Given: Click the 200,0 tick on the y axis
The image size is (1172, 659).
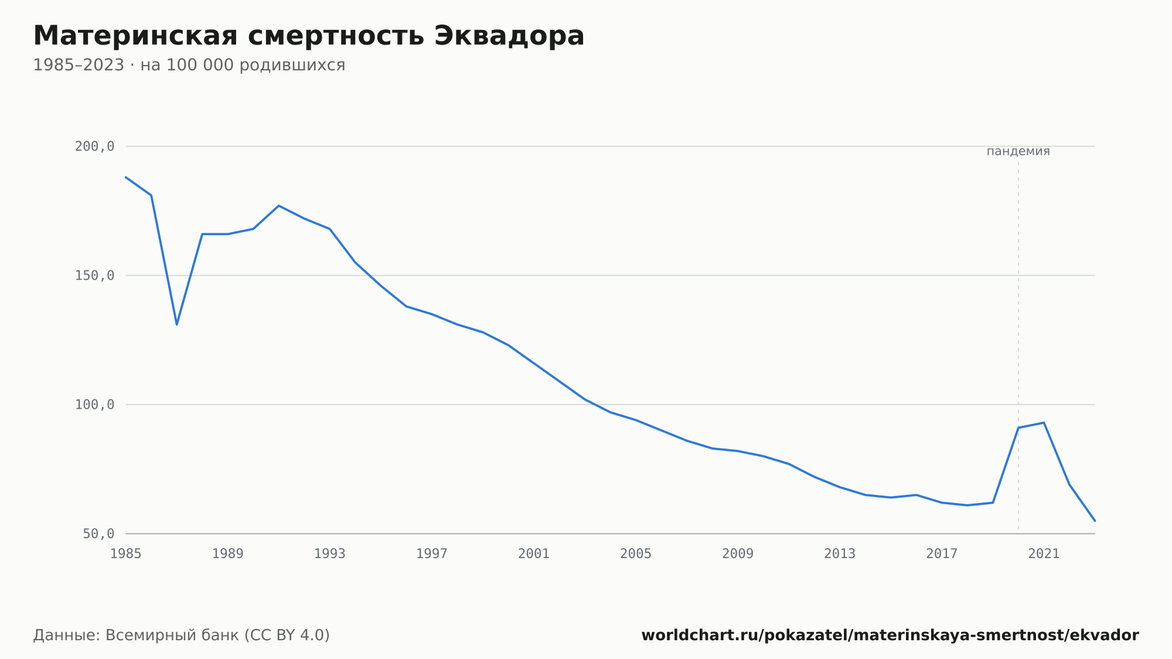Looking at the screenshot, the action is click(94, 147).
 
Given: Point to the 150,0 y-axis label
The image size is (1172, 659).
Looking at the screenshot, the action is click(94, 276).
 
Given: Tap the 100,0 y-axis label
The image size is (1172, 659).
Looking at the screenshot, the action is click(94, 405).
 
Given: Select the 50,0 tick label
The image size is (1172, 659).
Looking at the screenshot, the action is click(98, 534).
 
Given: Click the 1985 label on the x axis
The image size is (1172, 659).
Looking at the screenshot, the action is click(126, 553).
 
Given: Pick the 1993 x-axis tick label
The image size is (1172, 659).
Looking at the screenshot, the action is click(330, 553).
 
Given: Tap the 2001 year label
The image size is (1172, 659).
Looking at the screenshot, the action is click(534, 553).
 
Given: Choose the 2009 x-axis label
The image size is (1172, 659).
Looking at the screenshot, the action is click(738, 553).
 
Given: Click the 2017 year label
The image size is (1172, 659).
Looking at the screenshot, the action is click(942, 553).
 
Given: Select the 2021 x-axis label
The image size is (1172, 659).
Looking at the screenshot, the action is click(1044, 553).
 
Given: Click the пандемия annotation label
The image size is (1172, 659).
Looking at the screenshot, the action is click(1018, 151).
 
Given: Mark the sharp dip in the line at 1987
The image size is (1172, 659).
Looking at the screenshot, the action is click(177, 324).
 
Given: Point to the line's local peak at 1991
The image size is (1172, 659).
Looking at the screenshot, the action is click(279, 206).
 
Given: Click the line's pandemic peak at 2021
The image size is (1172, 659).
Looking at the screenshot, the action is click(1044, 423).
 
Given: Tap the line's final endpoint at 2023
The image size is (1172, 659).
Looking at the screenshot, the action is click(1095, 521).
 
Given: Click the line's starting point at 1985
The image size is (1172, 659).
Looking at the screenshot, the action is click(126, 177).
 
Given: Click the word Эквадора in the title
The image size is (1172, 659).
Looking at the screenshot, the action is click(509, 36).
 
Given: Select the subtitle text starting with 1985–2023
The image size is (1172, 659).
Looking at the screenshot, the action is click(189, 65).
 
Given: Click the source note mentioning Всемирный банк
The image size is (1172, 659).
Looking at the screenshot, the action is click(182, 635).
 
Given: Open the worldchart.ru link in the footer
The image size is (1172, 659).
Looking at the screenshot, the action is click(890, 635).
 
